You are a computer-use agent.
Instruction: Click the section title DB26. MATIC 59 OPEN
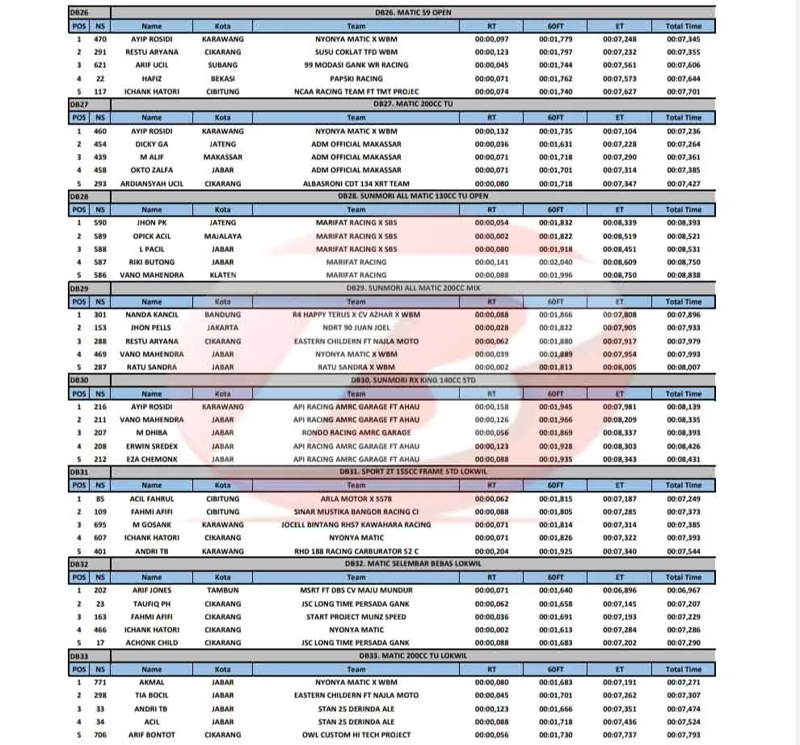click(413, 12)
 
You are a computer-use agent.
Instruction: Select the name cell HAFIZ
click(152, 78)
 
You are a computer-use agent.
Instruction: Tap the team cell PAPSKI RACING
click(356, 78)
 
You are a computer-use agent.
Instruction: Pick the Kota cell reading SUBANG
click(223, 65)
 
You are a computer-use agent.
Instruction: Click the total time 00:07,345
click(684, 39)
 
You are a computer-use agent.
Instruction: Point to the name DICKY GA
click(152, 144)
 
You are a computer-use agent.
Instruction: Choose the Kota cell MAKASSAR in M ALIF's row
click(223, 157)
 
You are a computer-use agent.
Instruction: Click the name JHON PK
click(152, 222)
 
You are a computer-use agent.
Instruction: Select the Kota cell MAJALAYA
click(223, 236)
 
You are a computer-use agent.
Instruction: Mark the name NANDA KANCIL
click(152, 314)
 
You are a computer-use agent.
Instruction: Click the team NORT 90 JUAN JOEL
click(356, 328)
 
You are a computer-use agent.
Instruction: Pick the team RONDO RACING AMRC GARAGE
click(356, 433)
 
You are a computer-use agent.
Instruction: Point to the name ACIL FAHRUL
click(152, 499)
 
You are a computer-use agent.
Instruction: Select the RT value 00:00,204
click(492, 551)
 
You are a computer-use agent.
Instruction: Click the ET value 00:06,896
click(620, 591)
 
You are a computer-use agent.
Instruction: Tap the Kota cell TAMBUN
click(223, 591)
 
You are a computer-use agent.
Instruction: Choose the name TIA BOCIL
click(152, 696)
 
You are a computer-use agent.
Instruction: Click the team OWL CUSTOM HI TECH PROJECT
click(356, 735)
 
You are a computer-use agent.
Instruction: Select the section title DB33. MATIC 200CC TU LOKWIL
click(413, 655)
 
